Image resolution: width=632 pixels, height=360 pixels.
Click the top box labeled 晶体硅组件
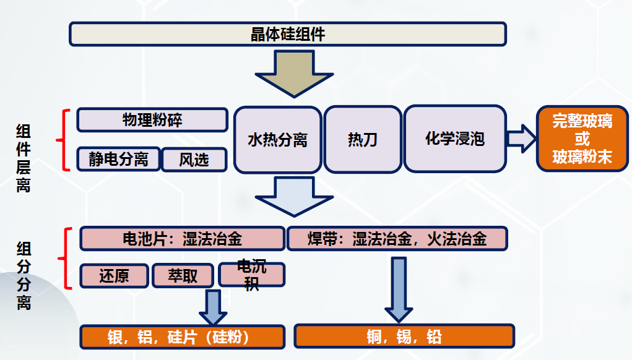click(x=287, y=34)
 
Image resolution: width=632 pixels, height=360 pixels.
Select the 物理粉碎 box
click(x=152, y=120)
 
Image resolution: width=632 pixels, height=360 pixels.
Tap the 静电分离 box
click(x=118, y=160)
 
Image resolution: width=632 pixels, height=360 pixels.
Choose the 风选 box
click(x=194, y=160)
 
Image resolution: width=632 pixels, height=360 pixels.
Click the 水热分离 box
click(x=277, y=140)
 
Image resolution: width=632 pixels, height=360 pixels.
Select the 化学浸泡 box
click(x=454, y=139)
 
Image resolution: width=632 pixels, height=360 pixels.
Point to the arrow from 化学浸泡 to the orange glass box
click(x=520, y=138)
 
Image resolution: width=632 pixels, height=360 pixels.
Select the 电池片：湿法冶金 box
click(x=182, y=239)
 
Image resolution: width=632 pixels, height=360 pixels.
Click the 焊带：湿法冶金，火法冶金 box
click(x=397, y=239)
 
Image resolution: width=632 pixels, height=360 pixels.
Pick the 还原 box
click(x=115, y=275)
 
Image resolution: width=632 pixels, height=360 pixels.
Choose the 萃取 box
click(x=183, y=275)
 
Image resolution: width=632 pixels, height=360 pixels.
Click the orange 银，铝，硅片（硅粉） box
click(x=182, y=336)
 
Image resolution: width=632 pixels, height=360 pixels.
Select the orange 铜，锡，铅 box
click(x=404, y=336)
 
